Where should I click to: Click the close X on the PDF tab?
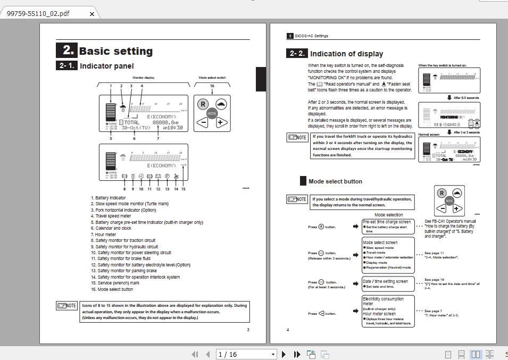click(91, 14)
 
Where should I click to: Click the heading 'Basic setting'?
click(115, 52)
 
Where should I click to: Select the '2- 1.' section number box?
click(66, 66)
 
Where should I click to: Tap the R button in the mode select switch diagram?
click(203, 104)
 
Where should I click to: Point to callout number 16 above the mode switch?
click(212, 86)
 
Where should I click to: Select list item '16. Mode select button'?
click(112, 289)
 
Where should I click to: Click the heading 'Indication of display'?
click(346, 54)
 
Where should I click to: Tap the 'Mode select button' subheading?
click(335, 181)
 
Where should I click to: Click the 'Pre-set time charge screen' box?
click(387, 222)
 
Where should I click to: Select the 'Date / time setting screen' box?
click(386, 281)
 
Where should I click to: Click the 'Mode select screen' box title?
click(380, 242)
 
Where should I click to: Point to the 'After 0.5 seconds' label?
click(466, 98)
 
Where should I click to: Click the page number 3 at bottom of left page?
click(248, 330)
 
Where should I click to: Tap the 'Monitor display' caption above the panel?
click(144, 78)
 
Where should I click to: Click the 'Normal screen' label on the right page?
click(429, 134)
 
